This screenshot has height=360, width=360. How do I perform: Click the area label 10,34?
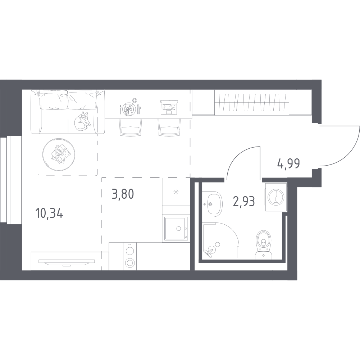(50, 215)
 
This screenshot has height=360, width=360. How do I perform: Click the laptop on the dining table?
(169, 107)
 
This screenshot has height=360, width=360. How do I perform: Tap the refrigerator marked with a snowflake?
(176, 192)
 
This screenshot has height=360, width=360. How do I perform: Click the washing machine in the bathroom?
(276, 197)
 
